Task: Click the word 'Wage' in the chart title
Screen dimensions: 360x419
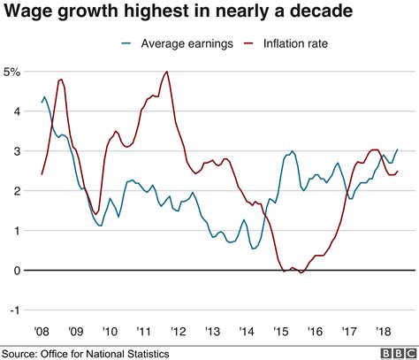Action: pos(27,12)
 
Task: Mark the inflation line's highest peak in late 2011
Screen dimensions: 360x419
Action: pos(167,72)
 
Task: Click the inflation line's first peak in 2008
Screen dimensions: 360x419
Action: pos(61,80)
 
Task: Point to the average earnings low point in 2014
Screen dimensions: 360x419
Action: pos(254,249)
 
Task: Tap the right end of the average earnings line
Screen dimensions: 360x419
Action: pos(398,149)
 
